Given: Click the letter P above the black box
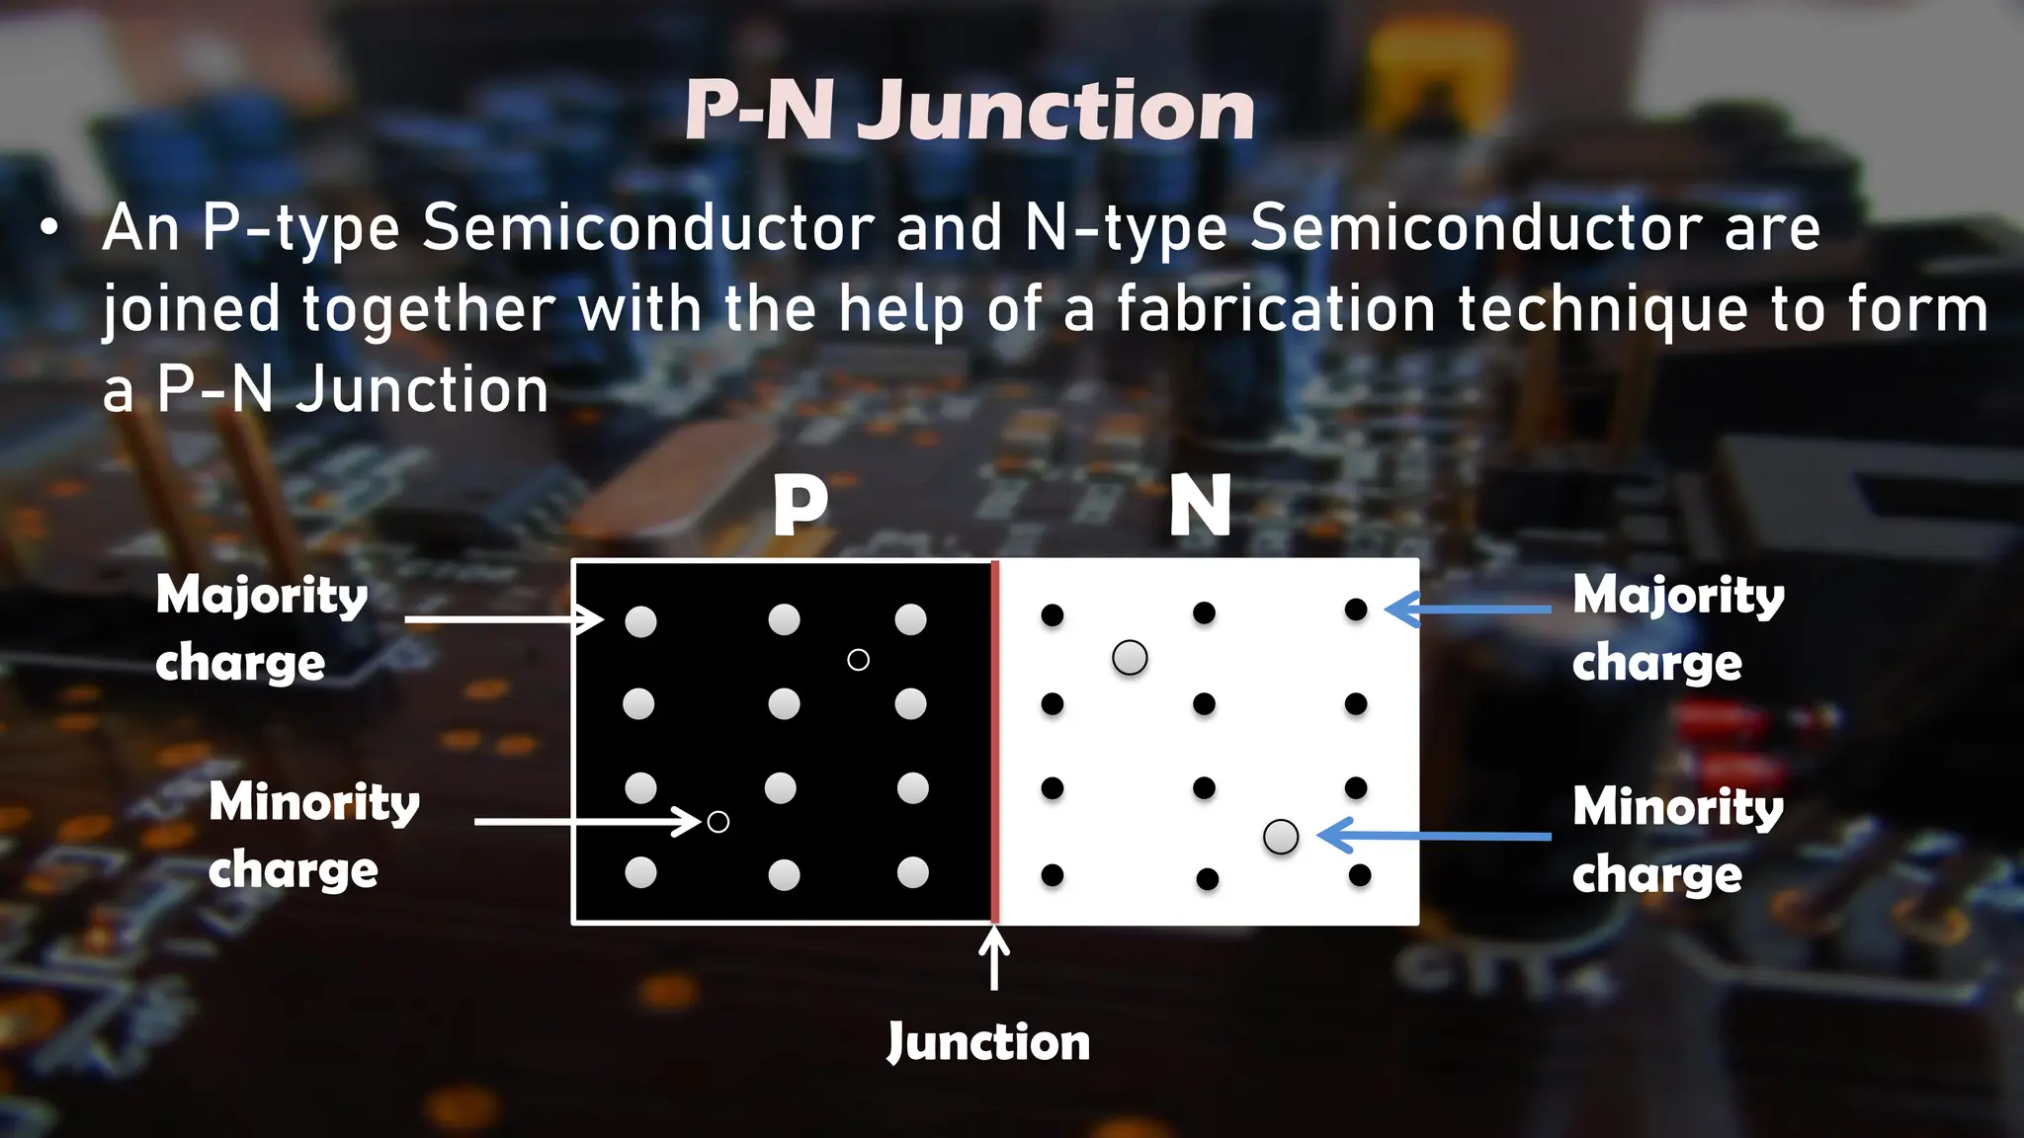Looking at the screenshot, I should (800, 506).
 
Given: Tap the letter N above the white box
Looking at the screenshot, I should (1200, 506).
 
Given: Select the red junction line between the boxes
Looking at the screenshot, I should (995, 741).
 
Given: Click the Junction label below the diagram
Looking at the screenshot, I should (988, 1043).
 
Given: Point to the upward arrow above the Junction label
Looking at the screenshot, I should (994, 958).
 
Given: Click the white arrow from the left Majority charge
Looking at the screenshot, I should (504, 619).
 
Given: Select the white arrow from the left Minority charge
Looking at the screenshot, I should (587, 821).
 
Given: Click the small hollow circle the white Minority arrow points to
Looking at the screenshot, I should (718, 822).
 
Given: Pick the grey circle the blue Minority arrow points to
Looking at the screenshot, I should (1281, 837).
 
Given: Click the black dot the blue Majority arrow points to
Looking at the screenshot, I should (1356, 610).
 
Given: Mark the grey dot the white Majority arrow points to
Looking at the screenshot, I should (640, 621).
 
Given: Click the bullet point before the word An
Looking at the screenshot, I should (48, 229).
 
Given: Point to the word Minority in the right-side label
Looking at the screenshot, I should (1678, 806).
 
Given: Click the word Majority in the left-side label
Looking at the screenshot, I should (262, 596).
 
